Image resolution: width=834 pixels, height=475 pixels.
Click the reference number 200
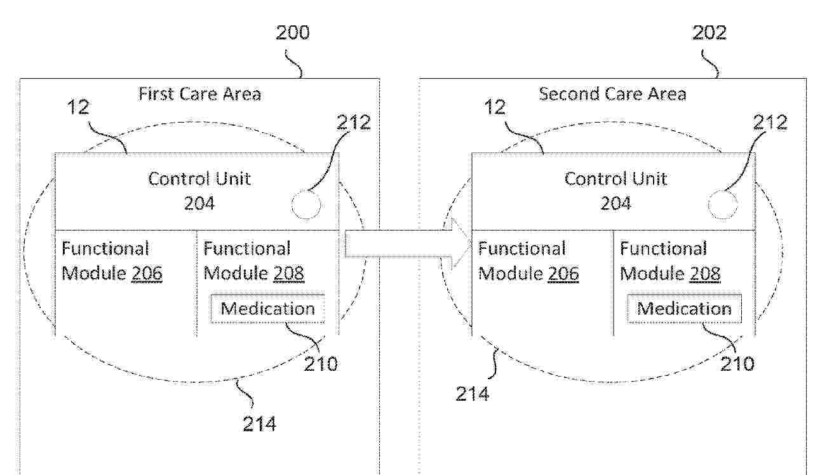(x=293, y=33)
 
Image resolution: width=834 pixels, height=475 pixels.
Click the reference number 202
(x=710, y=33)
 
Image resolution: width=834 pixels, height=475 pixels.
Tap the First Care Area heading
(x=199, y=94)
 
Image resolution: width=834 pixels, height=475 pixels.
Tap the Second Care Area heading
(x=612, y=94)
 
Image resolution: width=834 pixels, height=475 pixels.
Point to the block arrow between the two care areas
(x=406, y=243)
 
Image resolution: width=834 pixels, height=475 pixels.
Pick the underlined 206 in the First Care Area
(x=147, y=273)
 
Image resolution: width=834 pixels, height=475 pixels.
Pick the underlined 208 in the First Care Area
(x=289, y=273)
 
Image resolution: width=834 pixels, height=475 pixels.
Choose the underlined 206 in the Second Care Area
(x=563, y=273)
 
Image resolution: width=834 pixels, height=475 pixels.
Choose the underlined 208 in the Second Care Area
(x=705, y=273)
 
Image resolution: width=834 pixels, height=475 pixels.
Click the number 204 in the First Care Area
(x=199, y=203)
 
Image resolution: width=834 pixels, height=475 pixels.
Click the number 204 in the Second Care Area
(x=615, y=203)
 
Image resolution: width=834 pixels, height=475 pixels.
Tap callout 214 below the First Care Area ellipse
(x=260, y=424)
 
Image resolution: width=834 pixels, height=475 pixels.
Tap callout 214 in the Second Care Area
(x=473, y=394)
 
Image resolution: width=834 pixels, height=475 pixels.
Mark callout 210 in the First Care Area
(x=321, y=364)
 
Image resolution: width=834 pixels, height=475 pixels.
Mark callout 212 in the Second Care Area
(x=770, y=123)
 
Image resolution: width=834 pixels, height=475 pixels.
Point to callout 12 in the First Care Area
(x=79, y=107)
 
